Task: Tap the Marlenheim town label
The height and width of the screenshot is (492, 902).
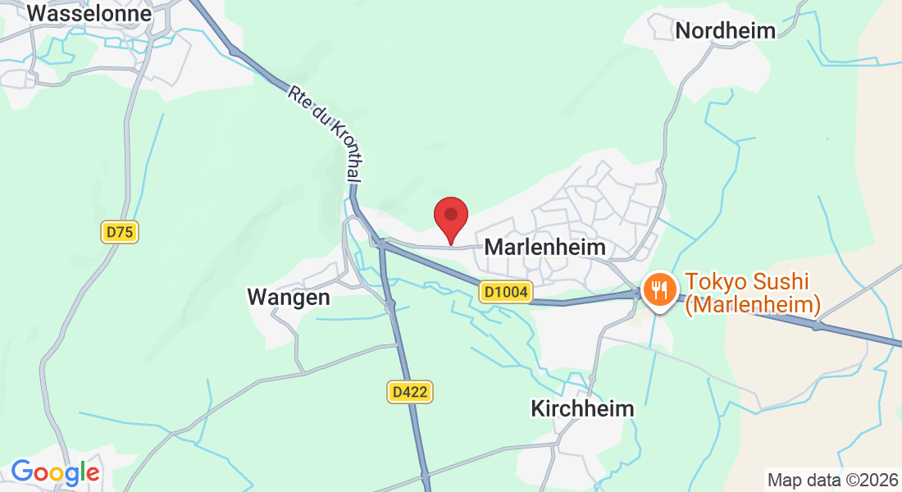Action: [x=545, y=247]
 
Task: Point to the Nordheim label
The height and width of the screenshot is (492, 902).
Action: [x=725, y=31]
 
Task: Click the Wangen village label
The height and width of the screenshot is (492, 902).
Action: [x=289, y=298]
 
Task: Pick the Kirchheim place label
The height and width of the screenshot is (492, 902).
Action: [x=582, y=408]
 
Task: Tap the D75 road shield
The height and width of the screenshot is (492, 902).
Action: [x=120, y=233]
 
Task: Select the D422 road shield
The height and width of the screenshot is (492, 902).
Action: [x=410, y=393]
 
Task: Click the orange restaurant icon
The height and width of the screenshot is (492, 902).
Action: [x=658, y=289]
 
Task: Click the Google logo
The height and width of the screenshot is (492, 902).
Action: [x=55, y=472]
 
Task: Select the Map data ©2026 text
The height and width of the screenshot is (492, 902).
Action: [x=831, y=479]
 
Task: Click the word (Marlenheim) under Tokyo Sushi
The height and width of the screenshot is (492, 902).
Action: [x=753, y=306]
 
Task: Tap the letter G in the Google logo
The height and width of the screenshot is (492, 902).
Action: [x=22, y=471]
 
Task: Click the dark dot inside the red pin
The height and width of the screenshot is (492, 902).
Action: [x=450, y=214]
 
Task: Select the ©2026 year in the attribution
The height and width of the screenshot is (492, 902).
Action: [x=868, y=479]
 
